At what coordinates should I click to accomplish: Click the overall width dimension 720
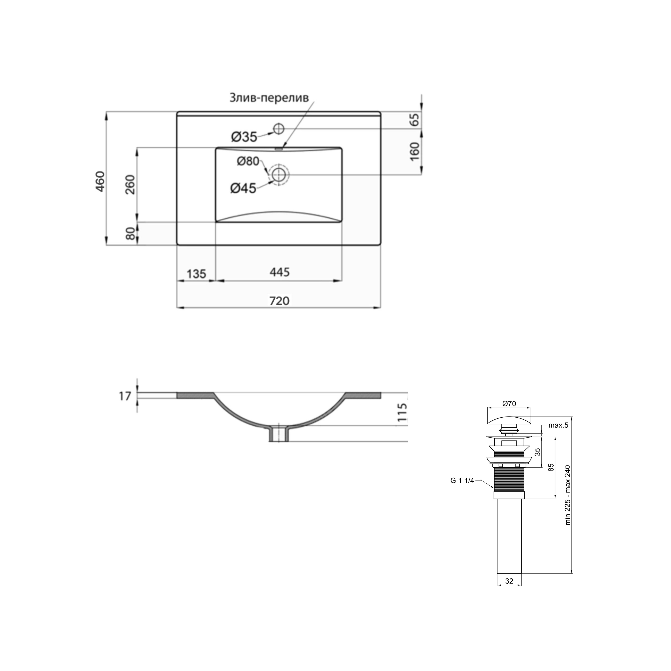point(280,301)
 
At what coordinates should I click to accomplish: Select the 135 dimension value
point(197,274)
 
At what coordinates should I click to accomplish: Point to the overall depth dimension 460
point(100,181)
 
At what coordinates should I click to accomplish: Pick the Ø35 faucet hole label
point(244,137)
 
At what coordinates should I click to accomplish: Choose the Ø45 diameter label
point(243,188)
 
